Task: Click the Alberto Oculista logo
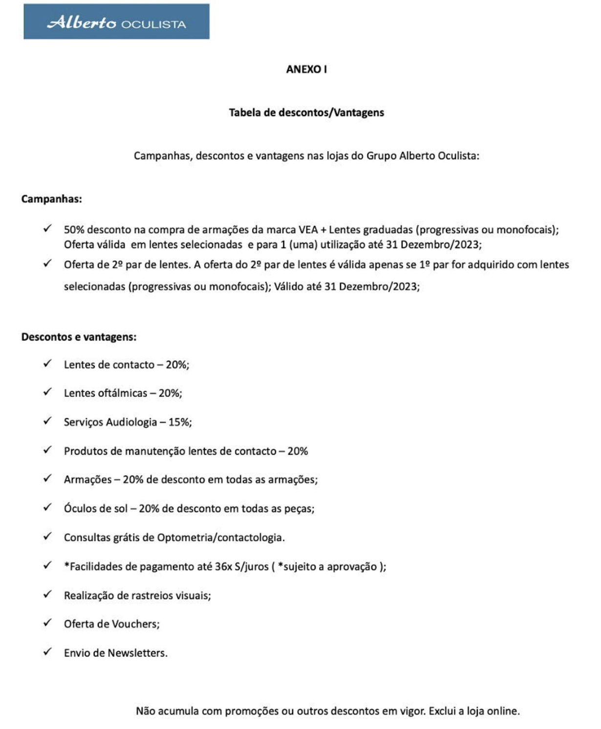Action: pos(116,22)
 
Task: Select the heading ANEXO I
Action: pos(306,69)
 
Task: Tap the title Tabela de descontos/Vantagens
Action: pos(306,113)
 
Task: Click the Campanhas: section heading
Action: pos(51,199)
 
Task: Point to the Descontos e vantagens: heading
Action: pos(79,337)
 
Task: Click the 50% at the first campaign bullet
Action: pos(74,230)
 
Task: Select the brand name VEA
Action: pos(308,230)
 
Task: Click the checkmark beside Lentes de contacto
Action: pos(47,364)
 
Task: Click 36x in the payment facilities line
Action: pos(223,567)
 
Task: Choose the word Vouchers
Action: pos(135,624)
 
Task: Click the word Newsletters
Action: pos(137,653)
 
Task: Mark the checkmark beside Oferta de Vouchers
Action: pos(47,623)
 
